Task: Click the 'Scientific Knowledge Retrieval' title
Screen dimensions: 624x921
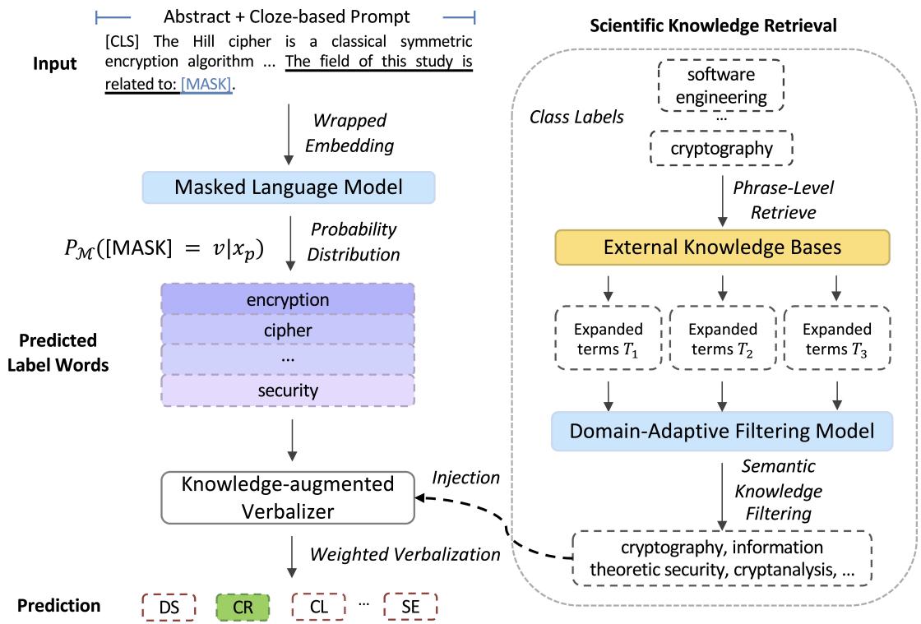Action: click(714, 26)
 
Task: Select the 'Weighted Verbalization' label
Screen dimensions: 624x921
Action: click(405, 555)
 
